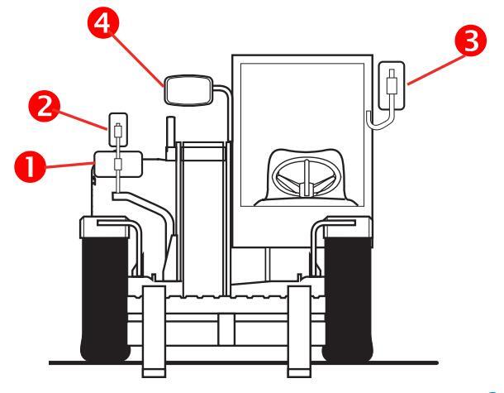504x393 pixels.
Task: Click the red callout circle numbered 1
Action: point(30,167)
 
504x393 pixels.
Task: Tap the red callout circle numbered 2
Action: point(44,106)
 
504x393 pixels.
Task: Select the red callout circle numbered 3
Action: point(471,41)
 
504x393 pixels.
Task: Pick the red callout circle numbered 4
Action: point(103,22)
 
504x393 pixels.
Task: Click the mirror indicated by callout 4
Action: point(188,90)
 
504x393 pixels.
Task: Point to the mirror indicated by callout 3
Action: point(391,85)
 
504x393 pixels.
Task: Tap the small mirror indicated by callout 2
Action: point(118,129)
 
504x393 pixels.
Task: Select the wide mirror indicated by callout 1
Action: point(118,164)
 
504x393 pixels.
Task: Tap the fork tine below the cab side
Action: point(299,332)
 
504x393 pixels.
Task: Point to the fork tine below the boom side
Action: point(154,332)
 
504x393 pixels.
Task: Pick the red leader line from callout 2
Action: point(82,120)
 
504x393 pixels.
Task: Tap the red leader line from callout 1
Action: point(69,165)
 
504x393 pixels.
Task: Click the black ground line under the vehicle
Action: point(244,363)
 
